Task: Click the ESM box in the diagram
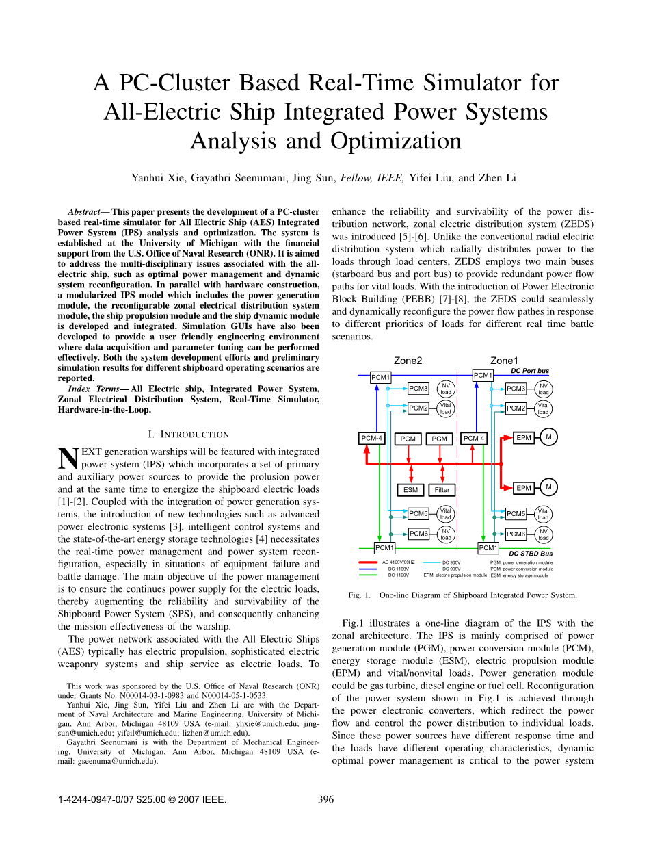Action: pyautogui.click(x=410, y=490)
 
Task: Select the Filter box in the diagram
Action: pyautogui.click(x=442, y=490)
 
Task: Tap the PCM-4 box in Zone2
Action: pyautogui.click(x=372, y=438)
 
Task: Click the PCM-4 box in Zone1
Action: pyautogui.click(x=474, y=438)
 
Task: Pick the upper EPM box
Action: pyautogui.click(x=524, y=438)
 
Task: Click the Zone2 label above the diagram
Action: pyautogui.click(x=408, y=361)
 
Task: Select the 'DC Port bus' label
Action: pyautogui.click(x=530, y=371)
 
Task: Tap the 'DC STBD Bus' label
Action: pyautogui.click(x=531, y=554)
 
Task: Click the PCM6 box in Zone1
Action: pyautogui.click(x=516, y=534)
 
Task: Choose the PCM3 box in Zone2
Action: pyautogui.click(x=418, y=389)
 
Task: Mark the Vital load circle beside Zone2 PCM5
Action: pyautogui.click(x=446, y=514)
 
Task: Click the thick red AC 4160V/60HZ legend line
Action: pyautogui.click(x=368, y=562)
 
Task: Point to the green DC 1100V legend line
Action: pyautogui.click(x=368, y=575)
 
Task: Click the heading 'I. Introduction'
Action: pyautogui.click(x=188, y=435)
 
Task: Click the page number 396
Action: pyautogui.click(x=326, y=799)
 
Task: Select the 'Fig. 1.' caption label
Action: pyautogui.click(x=359, y=595)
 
